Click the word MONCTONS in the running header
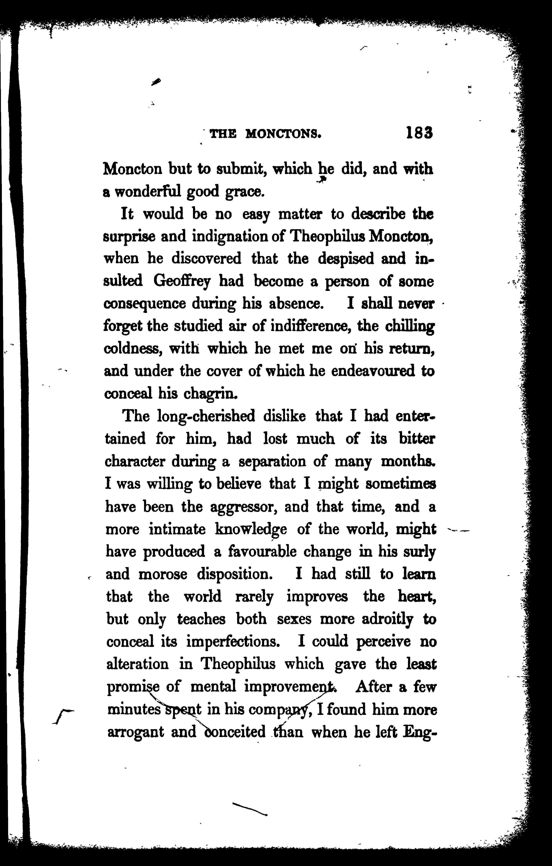coord(283,134)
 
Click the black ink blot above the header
coord(156,82)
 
